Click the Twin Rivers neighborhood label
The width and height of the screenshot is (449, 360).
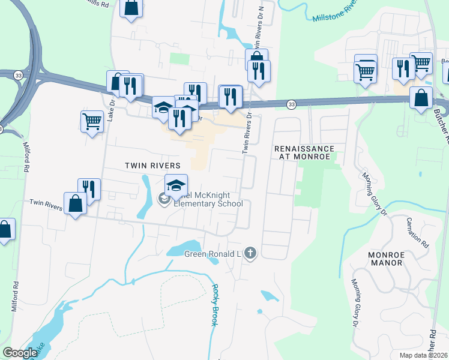pos(152,165)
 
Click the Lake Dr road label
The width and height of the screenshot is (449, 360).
pos(110,109)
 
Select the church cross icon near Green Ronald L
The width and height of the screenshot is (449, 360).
pos(250,254)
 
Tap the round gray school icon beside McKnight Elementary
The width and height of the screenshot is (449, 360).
pos(163,198)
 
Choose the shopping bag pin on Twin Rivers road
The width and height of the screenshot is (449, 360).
pos(76,202)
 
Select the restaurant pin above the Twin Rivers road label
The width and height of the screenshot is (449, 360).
pos(89,188)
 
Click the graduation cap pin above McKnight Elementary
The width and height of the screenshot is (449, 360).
pos(176,184)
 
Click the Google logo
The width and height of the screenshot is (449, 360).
pos(20,353)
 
